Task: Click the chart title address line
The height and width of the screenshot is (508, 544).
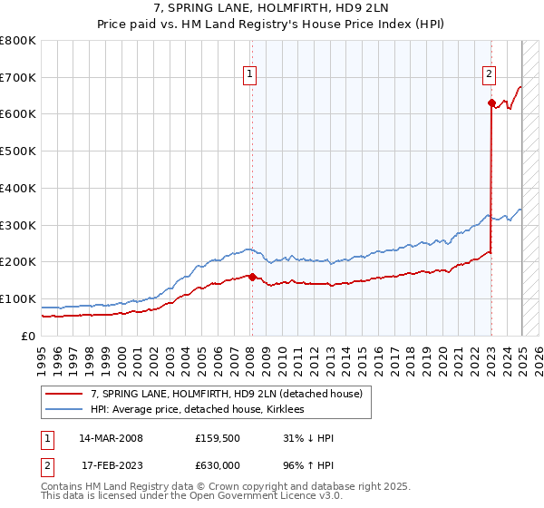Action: [x=271, y=9]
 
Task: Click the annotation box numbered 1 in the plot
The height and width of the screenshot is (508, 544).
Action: [x=249, y=75]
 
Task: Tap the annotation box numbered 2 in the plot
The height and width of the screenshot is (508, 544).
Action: [x=489, y=75]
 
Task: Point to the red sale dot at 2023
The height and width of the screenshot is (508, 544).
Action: [x=491, y=103]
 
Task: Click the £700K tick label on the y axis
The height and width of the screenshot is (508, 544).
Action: [x=18, y=78]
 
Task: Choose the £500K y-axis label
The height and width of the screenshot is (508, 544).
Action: [x=18, y=151]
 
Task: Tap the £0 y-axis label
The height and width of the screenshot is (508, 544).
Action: [x=28, y=336]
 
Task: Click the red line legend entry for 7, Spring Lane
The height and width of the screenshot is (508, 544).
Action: [x=226, y=394]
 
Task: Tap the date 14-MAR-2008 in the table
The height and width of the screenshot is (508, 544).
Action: [x=111, y=438]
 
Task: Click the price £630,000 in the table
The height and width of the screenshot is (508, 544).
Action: [x=218, y=464]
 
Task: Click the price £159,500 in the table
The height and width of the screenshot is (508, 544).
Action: [x=218, y=438]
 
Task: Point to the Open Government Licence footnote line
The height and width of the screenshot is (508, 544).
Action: [x=179, y=496]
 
